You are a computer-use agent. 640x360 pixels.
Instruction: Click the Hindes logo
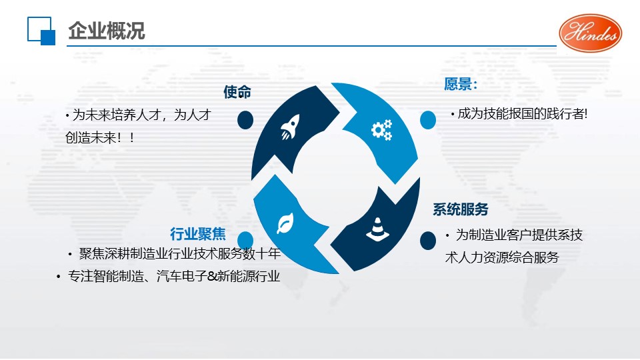[590, 33]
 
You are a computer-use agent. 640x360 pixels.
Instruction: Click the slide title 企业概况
[107, 31]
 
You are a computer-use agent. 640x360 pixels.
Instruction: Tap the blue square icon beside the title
[41, 31]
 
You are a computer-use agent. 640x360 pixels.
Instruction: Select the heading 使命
[237, 92]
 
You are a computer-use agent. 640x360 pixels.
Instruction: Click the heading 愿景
[461, 84]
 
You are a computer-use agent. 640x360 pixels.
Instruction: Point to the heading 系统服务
[461, 209]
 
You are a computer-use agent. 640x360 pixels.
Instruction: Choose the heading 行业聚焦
[198, 234]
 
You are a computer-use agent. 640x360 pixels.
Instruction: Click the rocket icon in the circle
[290, 127]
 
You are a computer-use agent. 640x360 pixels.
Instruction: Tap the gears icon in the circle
[381, 130]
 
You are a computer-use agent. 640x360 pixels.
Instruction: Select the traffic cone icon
[377, 229]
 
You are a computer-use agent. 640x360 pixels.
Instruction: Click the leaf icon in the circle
[285, 224]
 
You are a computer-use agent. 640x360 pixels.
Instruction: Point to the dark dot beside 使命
[245, 120]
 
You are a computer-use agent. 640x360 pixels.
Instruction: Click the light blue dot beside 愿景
[428, 120]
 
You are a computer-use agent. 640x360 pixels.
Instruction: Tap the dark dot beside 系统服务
[428, 241]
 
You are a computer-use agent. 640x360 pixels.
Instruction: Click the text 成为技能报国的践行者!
[523, 114]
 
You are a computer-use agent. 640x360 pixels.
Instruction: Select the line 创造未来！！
[100, 138]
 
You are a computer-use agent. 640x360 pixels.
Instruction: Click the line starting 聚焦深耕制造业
[179, 254]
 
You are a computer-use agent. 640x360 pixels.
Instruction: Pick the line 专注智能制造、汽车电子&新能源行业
[174, 276]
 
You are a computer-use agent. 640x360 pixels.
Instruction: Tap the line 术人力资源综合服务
[502, 257]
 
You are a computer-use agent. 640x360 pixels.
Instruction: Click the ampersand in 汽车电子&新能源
[212, 277]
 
